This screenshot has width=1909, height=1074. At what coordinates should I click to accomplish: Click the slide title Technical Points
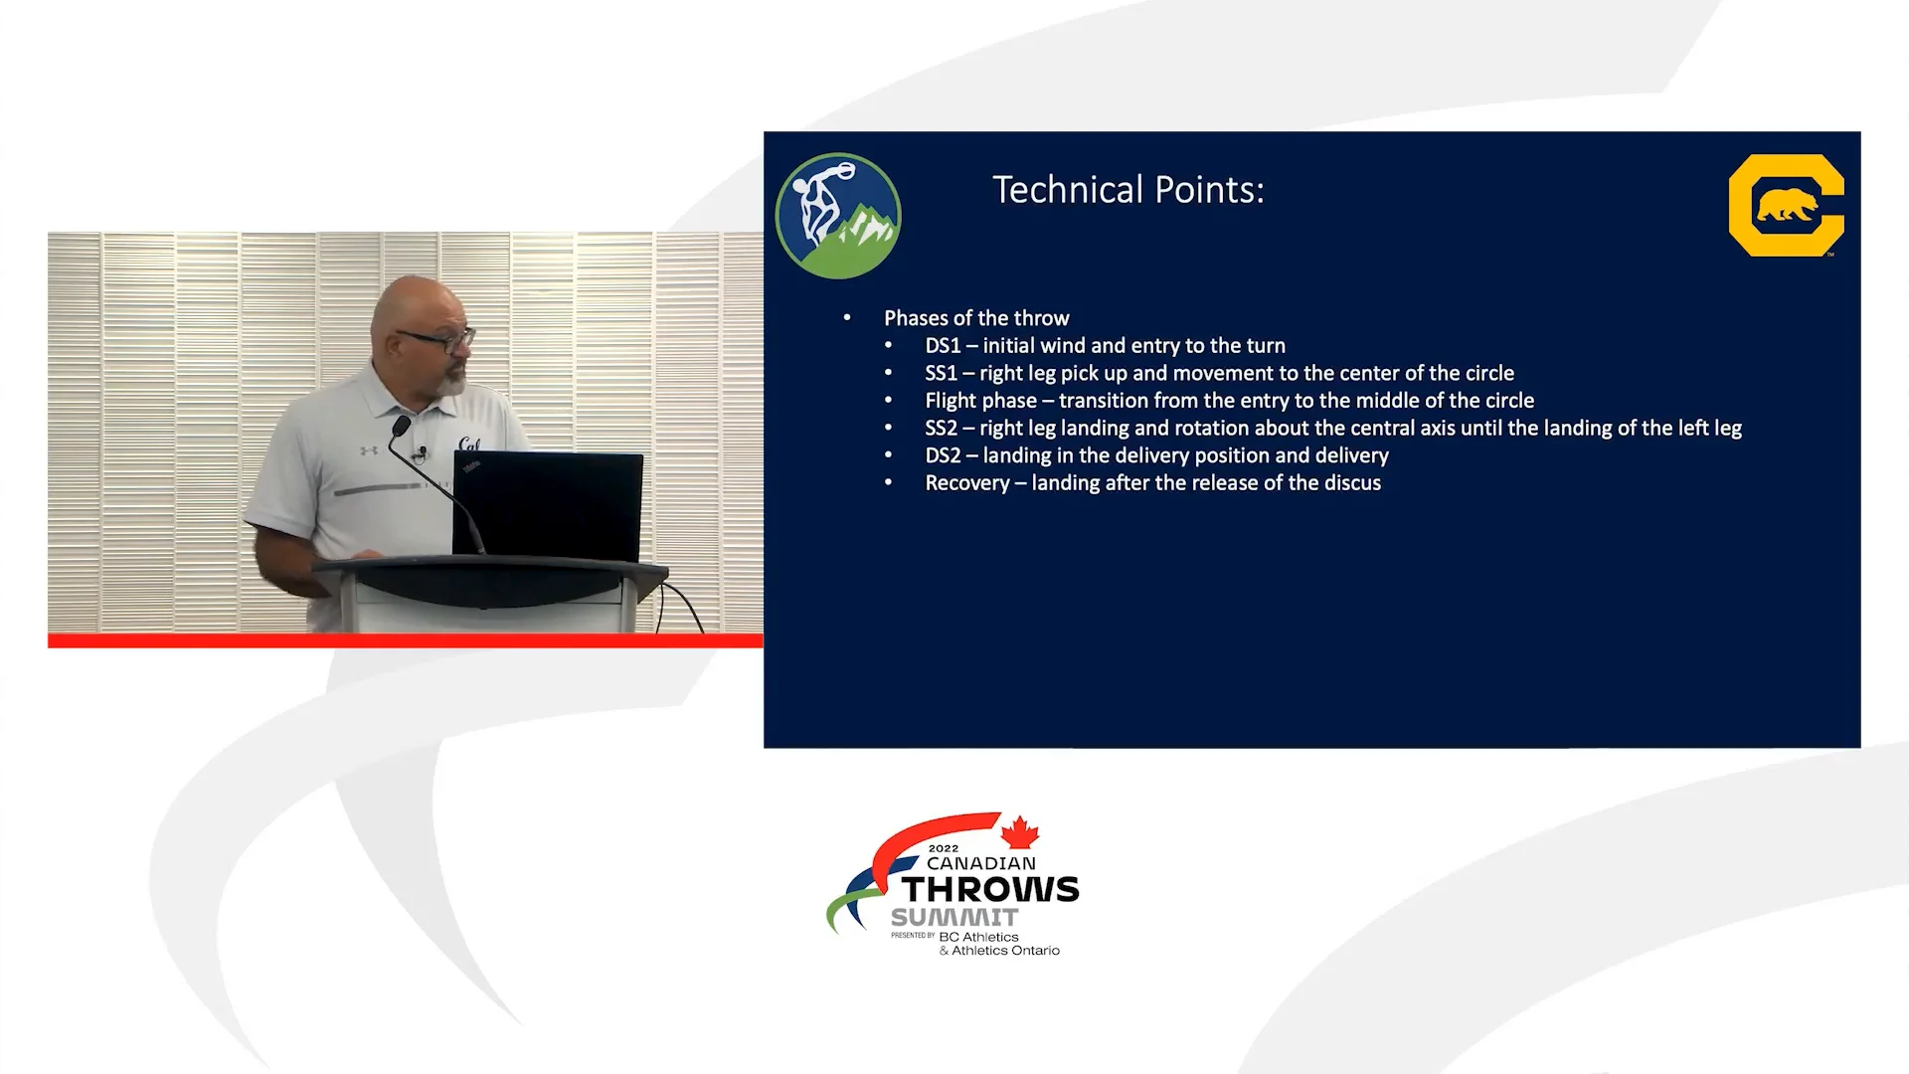[1128, 190]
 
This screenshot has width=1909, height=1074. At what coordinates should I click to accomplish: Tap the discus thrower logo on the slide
[838, 216]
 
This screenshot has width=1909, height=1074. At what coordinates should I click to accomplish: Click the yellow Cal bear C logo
[1786, 205]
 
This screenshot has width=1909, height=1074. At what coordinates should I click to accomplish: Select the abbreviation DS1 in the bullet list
[944, 346]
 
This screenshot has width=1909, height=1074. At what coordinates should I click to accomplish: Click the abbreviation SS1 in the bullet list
[942, 374]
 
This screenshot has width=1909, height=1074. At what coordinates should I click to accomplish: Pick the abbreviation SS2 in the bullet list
[942, 429]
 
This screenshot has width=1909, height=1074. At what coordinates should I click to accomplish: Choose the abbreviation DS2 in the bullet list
[944, 455]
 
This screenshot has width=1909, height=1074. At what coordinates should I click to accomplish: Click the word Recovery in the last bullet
[967, 483]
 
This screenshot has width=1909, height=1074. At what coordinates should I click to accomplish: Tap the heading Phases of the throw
[976, 318]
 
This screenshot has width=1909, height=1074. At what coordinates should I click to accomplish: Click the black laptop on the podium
[548, 506]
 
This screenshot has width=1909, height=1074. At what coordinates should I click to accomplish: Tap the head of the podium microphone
[401, 427]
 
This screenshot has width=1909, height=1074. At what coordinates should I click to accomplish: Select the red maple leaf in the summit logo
[1019, 832]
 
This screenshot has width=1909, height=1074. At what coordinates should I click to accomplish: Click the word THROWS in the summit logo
[990, 889]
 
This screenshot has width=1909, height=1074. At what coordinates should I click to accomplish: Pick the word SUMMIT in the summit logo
[954, 918]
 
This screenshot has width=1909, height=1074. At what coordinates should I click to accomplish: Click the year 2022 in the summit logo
[944, 849]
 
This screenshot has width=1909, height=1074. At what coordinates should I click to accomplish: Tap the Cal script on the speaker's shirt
[469, 445]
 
